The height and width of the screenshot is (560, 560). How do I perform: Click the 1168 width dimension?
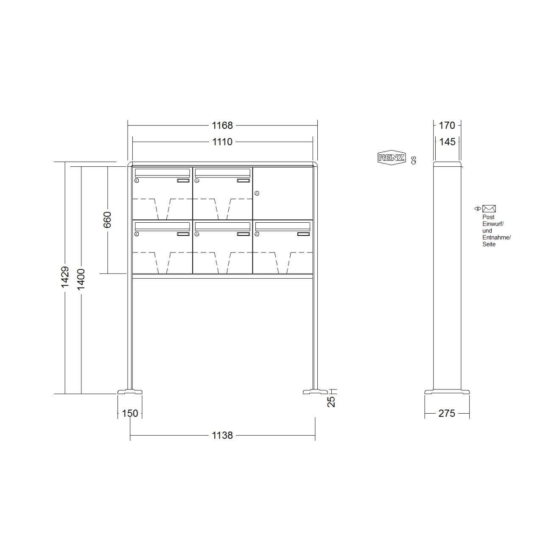pyautogui.click(x=222, y=126)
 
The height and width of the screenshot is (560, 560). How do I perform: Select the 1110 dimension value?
pyautogui.click(x=222, y=142)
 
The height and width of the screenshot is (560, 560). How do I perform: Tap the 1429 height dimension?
pyautogui.click(x=65, y=277)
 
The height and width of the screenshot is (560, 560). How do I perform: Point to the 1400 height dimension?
pyautogui.click(x=81, y=279)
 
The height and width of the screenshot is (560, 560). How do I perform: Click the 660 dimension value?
pyautogui.click(x=107, y=220)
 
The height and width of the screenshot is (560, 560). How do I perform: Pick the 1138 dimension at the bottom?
pyautogui.click(x=222, y=435)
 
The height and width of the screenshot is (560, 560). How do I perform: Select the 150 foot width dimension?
pyautogui.click(x=130, y=413)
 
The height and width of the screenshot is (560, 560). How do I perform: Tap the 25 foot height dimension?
pyautogui.click(x=331, y=401)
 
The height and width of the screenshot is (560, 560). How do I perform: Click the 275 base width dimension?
pyautogui.click(x=447, y=413)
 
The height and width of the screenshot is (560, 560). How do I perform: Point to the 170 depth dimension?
pyautogui.click(x=447, y=126)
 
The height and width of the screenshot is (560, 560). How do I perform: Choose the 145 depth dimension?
pyautogui.click(x=447, y=142)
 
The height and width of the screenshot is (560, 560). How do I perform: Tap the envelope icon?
pyautogui.click(x=489, y=209)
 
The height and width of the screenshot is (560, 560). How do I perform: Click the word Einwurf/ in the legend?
pyautogui.click(x=493, y=224)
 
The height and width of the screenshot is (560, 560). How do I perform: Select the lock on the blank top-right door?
pyautogui.click(x=257, y=193)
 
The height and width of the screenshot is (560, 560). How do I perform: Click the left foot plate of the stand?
pyautogui.click(x=130, y=392)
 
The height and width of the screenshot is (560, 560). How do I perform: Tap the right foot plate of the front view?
pyautogui.click(x=315, y=392)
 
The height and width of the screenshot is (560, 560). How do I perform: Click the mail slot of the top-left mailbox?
pyautogui.click(x=162, y=173)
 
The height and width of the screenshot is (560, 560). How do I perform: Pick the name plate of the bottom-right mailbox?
pyautogui.click(x=303, y=234)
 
